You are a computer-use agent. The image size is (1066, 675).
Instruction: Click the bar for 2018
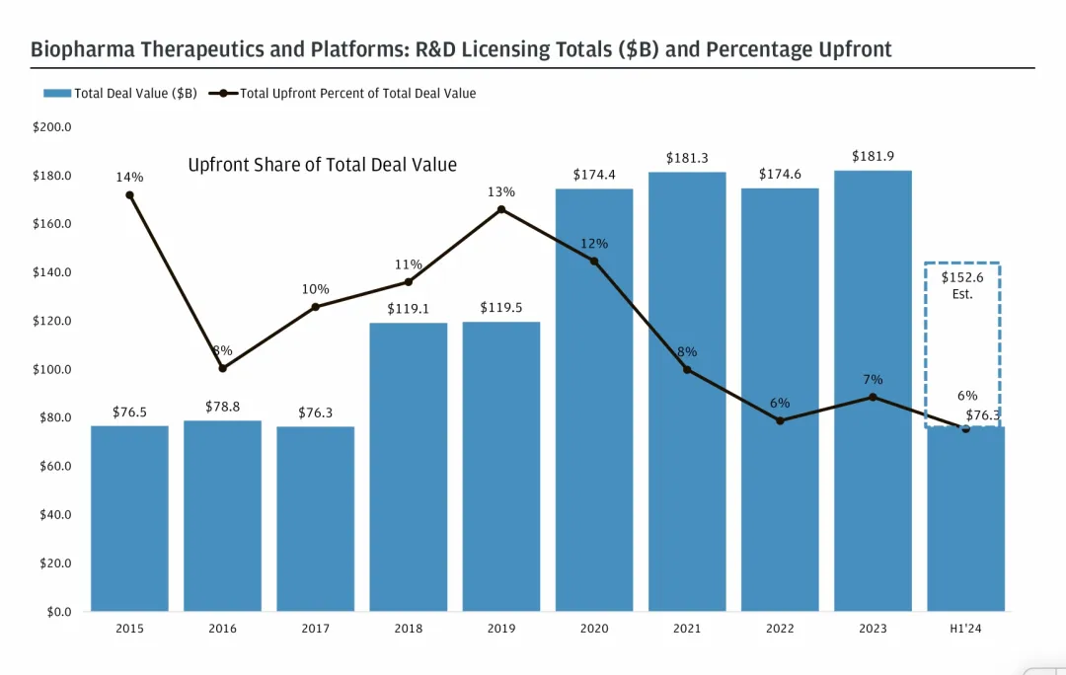tap(408, 466)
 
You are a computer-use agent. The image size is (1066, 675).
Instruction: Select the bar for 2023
tap(873, 390)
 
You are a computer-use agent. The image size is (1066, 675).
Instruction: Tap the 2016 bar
tap(222, 515)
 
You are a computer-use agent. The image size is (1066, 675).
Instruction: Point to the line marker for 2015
tap(129, 195)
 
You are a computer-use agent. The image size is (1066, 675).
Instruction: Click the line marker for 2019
tap(501, 209)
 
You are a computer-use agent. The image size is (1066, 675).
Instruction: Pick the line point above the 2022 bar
tap(780, 420)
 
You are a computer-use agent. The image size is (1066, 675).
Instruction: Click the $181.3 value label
tap(687, 158)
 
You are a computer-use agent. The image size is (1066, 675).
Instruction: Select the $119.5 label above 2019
tap(501, 308)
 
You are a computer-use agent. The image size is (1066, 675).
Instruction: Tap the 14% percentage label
tap(129, 178)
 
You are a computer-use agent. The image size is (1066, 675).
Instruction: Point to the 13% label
tap(500, 191)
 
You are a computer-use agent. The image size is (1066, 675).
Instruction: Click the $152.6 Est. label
tap(962, 285)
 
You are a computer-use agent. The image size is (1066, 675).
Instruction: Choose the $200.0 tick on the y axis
tap(52, 127)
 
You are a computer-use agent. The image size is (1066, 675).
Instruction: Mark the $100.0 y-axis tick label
tap(52, 370)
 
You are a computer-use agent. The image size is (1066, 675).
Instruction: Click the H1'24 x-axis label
tap(965, 629)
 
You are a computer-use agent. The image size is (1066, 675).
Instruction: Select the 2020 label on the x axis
tap(594, 629)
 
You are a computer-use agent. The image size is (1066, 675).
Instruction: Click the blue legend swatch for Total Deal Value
tap(57, 94)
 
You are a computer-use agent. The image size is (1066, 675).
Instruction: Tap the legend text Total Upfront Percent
tap(358, 94)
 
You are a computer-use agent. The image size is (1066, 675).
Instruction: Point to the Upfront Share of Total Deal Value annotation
tap(322, 165)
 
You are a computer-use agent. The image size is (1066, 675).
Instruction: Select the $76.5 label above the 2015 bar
tap(129, 412)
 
